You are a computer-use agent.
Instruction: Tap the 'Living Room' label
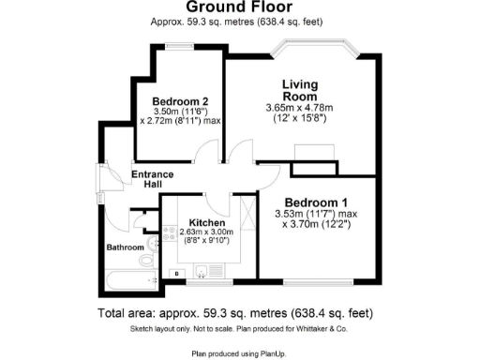[x=302, y=90]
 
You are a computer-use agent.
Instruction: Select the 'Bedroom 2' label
[x=180, y=102]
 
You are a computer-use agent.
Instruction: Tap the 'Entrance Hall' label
[x=152, y=178]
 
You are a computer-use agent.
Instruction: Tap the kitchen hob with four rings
[x=170, y=234]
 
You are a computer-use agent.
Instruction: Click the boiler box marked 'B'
[x=175, y=273]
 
